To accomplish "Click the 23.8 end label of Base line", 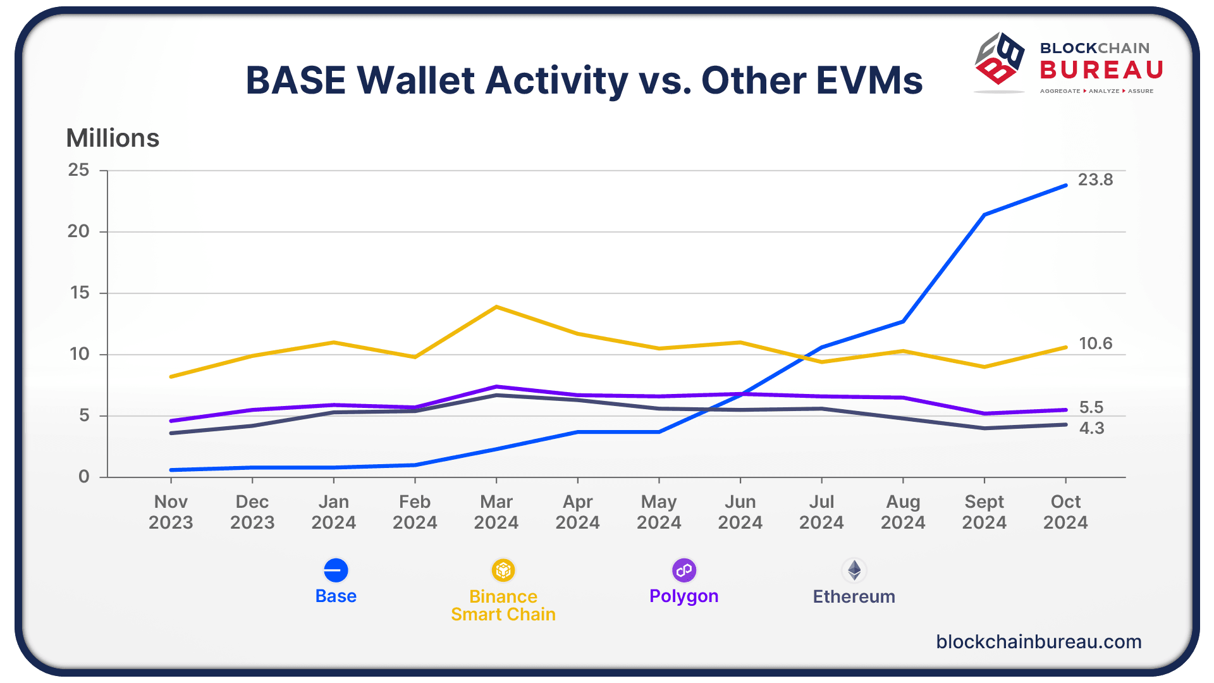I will (1095, 180).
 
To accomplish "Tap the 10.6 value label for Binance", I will (1095, 343).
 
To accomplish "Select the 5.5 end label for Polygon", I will (1091, 407).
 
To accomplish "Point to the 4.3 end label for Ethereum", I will (1091, 428).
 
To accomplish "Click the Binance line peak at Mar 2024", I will (496, 307).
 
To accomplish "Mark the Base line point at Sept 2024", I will (984, 215).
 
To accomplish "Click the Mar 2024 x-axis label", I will (496, 512).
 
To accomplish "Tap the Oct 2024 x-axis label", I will (1065, 512).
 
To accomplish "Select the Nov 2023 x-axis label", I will (171, 512).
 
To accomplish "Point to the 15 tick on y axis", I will (80, 293).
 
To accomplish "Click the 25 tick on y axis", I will (79, 170).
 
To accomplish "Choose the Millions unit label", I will (113, 138).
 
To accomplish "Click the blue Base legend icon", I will (336, 570).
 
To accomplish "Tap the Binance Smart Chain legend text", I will (503, 605).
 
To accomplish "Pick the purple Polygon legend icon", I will (684, 570).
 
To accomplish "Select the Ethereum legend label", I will (854, 596).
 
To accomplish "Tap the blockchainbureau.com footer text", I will (1038, 641).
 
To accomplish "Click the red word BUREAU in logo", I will (1101, 70).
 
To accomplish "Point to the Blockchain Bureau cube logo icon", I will (999, 59).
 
